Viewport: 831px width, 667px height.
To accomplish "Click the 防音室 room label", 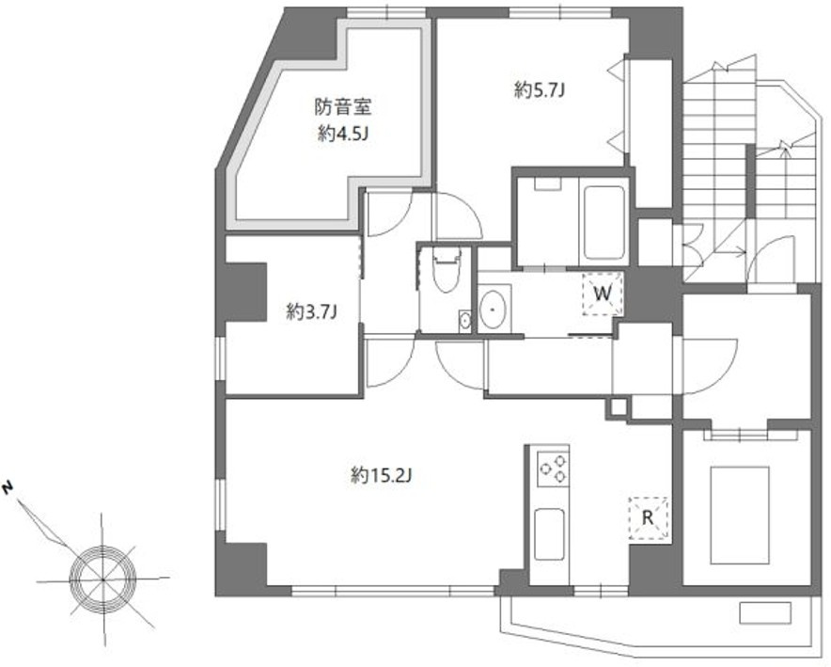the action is point(342,107).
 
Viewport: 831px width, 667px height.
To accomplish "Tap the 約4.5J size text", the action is point(342,135).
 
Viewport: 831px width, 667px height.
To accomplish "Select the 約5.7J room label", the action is point(539,90).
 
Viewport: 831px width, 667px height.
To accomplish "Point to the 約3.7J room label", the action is point(312,311).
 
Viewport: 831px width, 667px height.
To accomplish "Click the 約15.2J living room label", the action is point(382,475).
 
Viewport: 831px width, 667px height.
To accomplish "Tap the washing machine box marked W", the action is point(602,294).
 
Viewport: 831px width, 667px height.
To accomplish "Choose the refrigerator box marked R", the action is point(648,518).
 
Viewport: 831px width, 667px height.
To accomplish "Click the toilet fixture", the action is point(446,269).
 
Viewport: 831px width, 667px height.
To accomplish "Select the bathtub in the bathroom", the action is point(604,222).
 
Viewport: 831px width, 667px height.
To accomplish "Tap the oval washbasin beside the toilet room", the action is point(493,309).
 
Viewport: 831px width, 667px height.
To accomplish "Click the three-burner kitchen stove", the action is point(553,468).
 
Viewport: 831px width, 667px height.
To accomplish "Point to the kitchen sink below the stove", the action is point(549,534).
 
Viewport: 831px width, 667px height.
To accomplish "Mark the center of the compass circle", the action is point(102,579).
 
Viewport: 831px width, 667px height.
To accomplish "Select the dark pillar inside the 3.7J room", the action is point(246,292).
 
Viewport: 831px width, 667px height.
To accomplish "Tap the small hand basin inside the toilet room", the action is point(464,320).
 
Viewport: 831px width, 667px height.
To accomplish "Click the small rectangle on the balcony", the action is point(765,613).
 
